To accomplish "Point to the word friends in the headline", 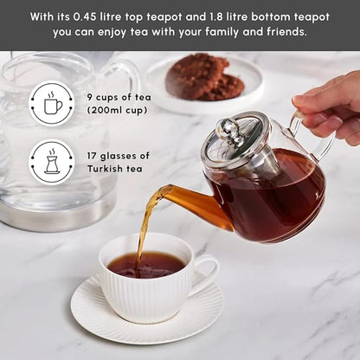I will tap(286, 32).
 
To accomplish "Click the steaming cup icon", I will tap(52, 105).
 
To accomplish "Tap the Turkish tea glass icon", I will tap(52, 161).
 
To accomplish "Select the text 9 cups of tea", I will tap(119, 97).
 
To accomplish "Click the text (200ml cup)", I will tap(119, 111).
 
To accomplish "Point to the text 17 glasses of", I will tap(118, 156).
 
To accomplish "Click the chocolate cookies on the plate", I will tap(204, 78).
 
